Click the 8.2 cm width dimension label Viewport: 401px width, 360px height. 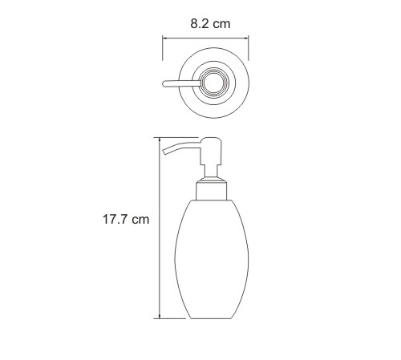click(x=210, y=23)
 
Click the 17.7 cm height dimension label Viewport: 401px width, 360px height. click(x=126, y=220)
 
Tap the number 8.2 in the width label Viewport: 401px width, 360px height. click(x=199, y=23)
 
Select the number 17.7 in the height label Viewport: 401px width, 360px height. click(x=115, y=220)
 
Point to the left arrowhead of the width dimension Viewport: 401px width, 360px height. click(x=165, y=38)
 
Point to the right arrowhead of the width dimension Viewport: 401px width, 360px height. click(x=246, y=38)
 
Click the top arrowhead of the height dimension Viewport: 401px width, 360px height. click(x=160, y=140)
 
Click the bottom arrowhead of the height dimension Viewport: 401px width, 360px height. click(x=160, y=316)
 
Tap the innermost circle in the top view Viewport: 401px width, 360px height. click(x=213, y=83)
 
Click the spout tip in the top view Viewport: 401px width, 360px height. click(x=164, y=83)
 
